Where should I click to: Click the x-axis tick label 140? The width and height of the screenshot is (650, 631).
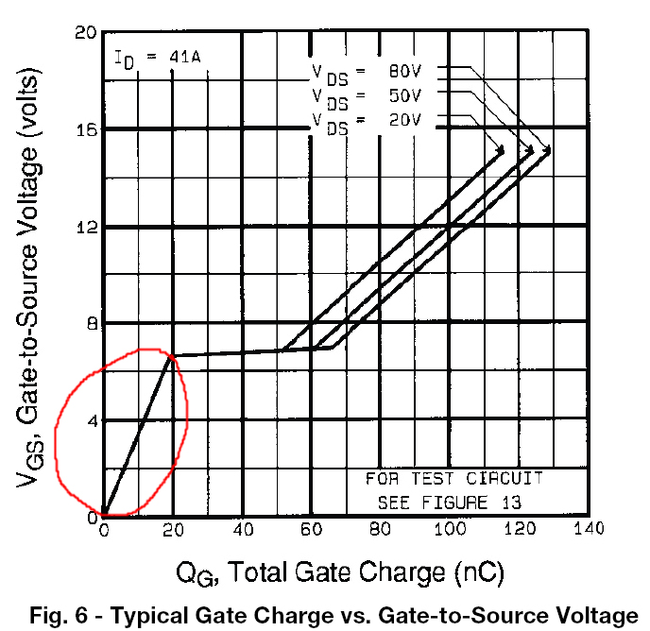click(x=588, y=529)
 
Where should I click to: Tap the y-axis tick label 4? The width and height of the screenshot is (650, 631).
click(x=92, y=420)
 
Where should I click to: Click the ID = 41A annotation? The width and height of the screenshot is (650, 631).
click(x=157, y=59)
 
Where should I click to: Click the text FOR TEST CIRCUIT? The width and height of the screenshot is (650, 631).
click(x=454, y=479)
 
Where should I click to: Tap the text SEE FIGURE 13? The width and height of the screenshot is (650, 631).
click(x=449, y=502)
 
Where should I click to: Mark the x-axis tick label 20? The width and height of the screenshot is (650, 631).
click(x=173, y=529)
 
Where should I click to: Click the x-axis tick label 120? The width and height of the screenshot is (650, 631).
click(x=519, y=529)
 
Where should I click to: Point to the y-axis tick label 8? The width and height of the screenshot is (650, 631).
click(x=92, y=324)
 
